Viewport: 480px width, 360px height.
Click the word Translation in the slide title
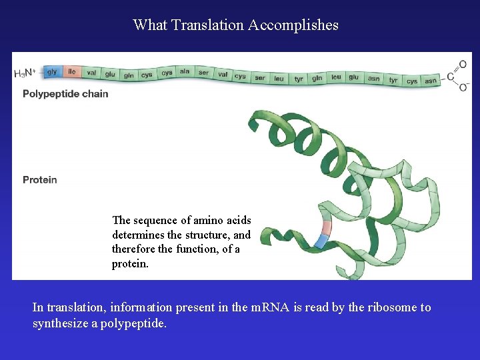click(x=207, y=25)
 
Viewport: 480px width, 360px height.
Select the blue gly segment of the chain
click(x=51, y=71)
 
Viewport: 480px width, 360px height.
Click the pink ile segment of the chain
click(x=71, y=72)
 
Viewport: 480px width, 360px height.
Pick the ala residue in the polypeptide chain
click(x=185, y=72)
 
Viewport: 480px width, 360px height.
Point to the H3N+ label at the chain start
click(x=25, y=73)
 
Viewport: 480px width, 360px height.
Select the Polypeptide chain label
click(x=65, y=94)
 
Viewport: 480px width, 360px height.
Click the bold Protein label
click(x=40, y=179)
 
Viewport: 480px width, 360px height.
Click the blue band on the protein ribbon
click(x=322, y=241)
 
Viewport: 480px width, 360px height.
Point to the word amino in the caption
click(x=199, y=220)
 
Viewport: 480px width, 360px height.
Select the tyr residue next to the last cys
click(x=393, y=80)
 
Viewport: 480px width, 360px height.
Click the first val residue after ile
click(x=91, y=73)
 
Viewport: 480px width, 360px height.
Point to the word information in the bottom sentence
click(x=139, y=307)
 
